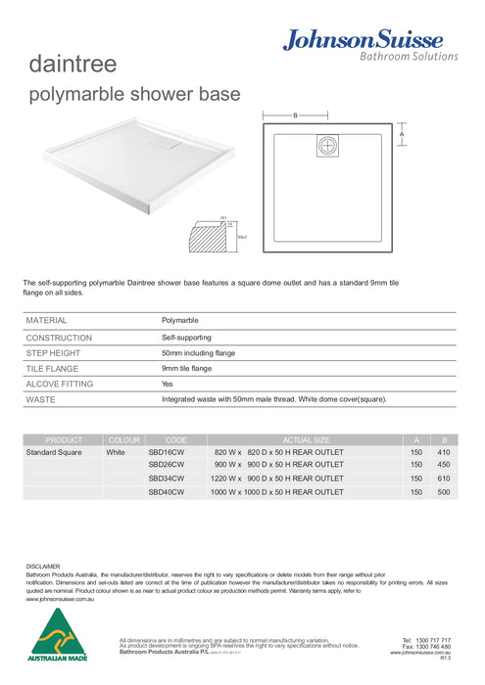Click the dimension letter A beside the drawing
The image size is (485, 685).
click(x=402, y=135)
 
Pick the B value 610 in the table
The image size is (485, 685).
click(x=444, y=479)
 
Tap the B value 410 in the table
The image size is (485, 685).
click(x=444, y=454)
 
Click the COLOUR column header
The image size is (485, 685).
click(x=124, y=440)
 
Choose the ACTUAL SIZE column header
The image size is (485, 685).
click(x=307, y=440)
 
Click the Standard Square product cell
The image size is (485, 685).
click(x=54, y=454)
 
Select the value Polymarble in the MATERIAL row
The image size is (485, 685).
click(x=179, y=320)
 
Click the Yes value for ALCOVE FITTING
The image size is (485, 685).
click(x=168, y=384)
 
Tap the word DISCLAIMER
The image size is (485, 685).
click(x=43, y=566)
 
